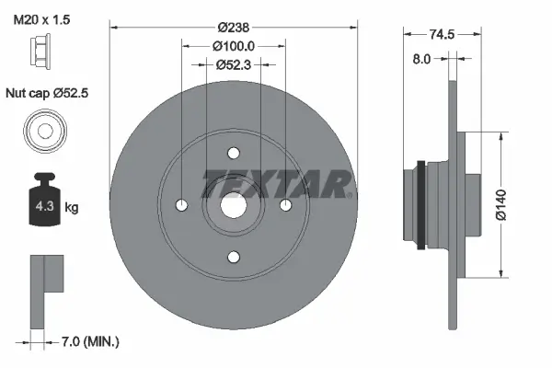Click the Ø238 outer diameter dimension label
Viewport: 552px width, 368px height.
234,28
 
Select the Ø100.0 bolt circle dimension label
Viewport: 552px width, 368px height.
234,46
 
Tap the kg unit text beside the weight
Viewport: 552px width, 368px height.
72,208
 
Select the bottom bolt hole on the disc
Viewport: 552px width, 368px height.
234,257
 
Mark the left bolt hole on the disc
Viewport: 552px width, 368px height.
181,204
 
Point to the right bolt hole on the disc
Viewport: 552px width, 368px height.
286,204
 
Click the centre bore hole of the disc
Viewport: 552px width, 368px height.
234,205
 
